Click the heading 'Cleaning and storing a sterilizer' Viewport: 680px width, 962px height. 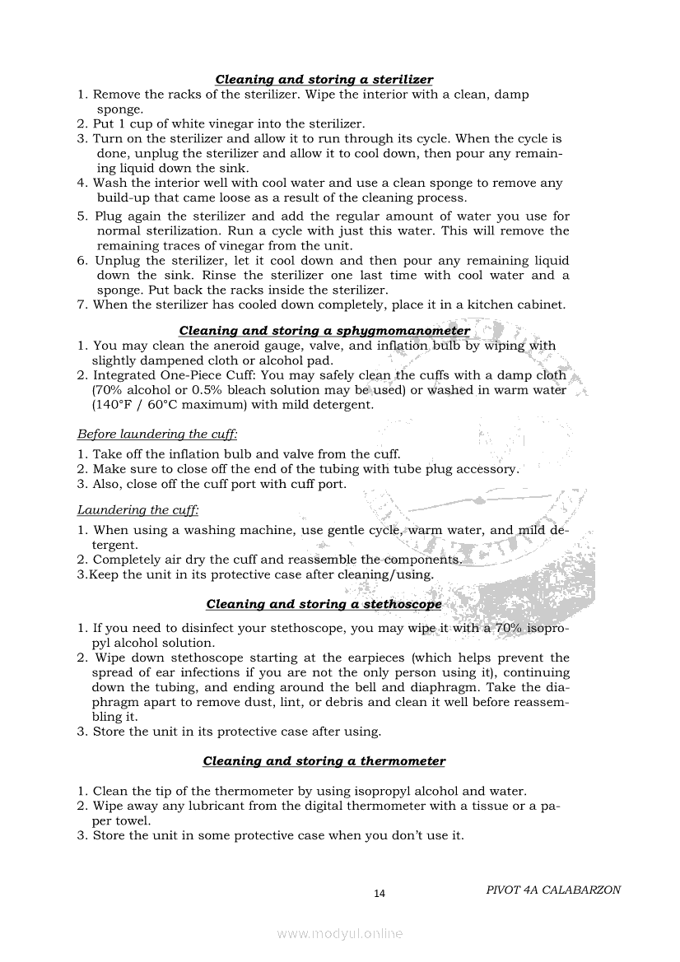click(324, 80)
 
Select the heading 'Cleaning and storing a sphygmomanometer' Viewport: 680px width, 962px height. click(324, 331)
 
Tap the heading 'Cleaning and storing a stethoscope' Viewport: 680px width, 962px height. click(324, 604)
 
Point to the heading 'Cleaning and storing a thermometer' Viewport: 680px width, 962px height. click(324, 761)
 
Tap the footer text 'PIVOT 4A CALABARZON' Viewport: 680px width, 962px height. click(553, 890)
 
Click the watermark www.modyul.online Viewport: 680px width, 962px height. click(340, 933)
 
